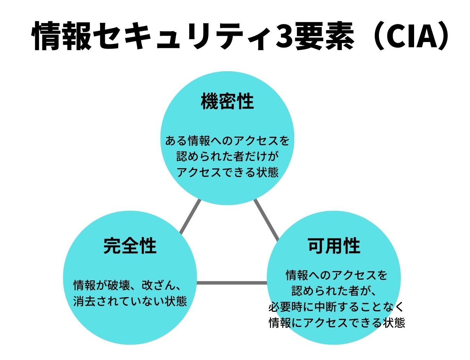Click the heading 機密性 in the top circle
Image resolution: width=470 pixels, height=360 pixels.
pos(228,101)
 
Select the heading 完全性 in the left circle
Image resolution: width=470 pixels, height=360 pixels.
pos(130,246)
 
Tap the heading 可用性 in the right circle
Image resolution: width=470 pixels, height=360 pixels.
pos(334,246)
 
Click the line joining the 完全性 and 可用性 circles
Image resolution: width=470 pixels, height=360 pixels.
pos(232,283)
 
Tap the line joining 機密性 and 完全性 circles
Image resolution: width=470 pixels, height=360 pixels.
pos(190,216)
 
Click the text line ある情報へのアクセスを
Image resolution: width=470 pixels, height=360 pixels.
pos(227,141)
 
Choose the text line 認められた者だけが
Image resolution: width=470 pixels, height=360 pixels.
pos(227,156)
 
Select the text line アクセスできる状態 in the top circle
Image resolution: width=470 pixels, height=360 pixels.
pos(227,172)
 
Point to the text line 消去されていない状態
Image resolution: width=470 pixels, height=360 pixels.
pos(130,301)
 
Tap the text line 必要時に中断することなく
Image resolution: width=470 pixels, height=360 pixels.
pos(336,307)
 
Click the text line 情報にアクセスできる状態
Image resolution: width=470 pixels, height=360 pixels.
pos(337,322)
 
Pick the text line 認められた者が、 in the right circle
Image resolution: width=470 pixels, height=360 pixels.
pos(333,291)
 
